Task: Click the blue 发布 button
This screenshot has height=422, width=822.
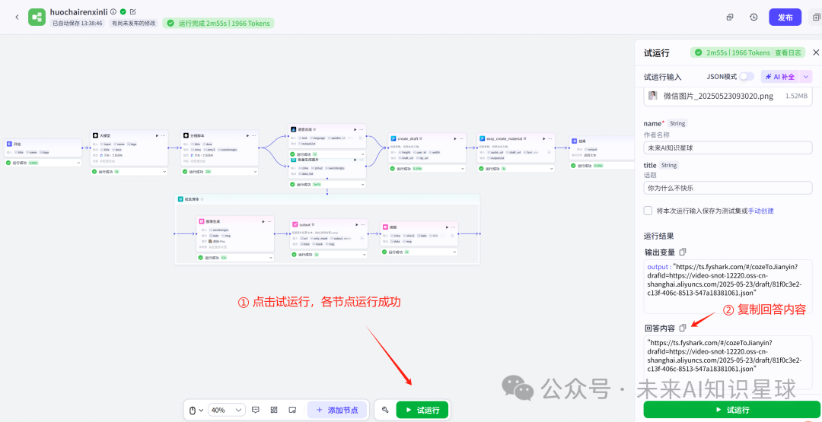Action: pos(785,17)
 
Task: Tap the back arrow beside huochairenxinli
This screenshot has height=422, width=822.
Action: pos(17,17)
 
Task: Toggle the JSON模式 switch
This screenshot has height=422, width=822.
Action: pos(747,77)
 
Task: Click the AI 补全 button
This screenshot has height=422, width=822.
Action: pos(779,77)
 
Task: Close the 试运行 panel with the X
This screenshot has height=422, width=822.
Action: pos(815,52)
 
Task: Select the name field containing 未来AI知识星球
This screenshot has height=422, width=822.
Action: pos(728,148)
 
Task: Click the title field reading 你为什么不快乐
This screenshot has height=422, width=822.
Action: pos(728,188)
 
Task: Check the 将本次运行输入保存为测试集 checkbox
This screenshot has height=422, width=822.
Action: pos(648,211)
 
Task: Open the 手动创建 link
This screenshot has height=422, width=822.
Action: pos(760,211)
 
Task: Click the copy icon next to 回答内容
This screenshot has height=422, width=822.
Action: pos(683,328)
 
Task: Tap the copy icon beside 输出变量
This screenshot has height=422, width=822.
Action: pos(683,252)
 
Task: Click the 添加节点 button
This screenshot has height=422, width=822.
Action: pos(337,410)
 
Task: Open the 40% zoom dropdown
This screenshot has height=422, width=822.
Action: pos(226,410)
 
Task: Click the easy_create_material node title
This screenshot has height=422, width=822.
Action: pos(503,138)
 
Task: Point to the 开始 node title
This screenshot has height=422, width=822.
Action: pos(18,143)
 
